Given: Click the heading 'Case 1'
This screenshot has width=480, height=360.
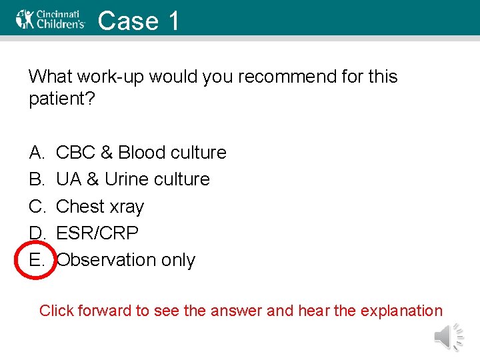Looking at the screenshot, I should [x=139, y=21].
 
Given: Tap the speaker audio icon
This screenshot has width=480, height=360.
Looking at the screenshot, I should [x=448, y=337].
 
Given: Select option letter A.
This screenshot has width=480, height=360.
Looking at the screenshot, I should [x=36, y=153].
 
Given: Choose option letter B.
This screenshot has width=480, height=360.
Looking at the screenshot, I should [x=36, y=179].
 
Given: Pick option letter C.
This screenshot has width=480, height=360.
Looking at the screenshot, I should [x=36, y=207].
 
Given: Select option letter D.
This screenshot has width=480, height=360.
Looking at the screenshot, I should [x=36, y=233].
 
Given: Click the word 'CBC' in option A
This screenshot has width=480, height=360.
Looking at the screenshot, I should [x=75, y=153].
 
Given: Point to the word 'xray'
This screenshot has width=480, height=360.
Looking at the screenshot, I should [x=127, y=207].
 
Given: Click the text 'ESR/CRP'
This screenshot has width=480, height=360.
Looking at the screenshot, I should [x=97, y=233].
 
